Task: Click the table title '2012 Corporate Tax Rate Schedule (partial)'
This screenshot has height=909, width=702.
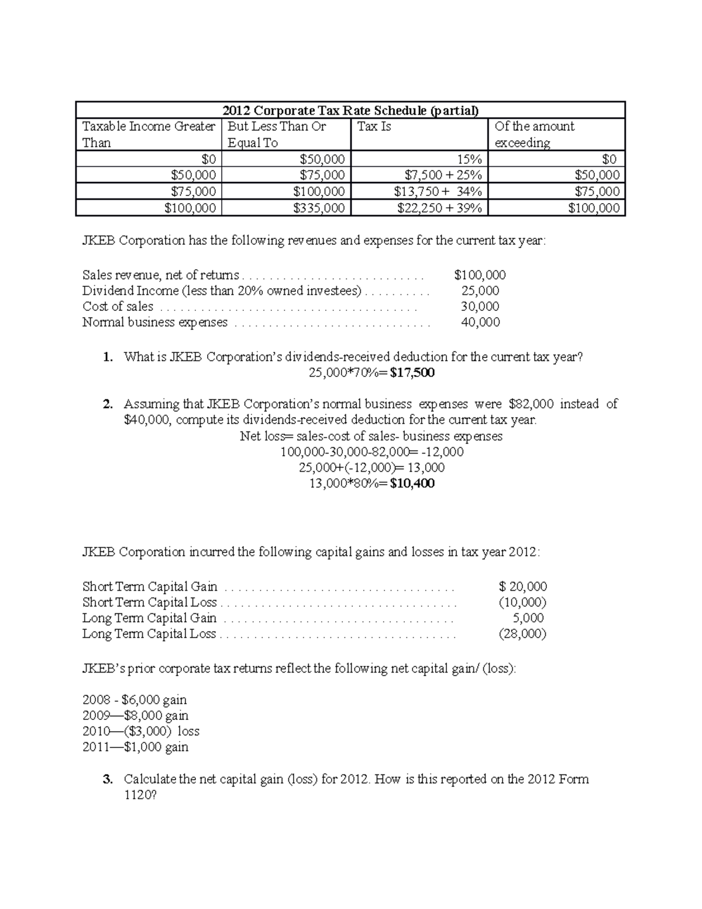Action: [350, 111]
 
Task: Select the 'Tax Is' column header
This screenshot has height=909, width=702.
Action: [374, 126]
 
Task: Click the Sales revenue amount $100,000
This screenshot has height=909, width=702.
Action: [480, 275]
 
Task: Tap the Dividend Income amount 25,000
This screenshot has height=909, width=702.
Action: [480, 291]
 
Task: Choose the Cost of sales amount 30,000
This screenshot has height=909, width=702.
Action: [480, 307]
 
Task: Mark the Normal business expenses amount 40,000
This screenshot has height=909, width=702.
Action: [480, 323]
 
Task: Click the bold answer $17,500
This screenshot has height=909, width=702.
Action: [412, 373]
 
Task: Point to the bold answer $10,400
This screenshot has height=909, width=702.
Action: [412, 483]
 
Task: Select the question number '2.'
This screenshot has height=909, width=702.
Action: [108, 404]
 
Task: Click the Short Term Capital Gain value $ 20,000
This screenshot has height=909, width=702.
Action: [522, 586]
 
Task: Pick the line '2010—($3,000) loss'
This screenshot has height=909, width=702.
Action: [140, 731]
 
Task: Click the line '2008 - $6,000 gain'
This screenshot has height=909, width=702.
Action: [135, 699]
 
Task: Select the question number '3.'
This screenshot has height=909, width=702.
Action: [108, 779]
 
